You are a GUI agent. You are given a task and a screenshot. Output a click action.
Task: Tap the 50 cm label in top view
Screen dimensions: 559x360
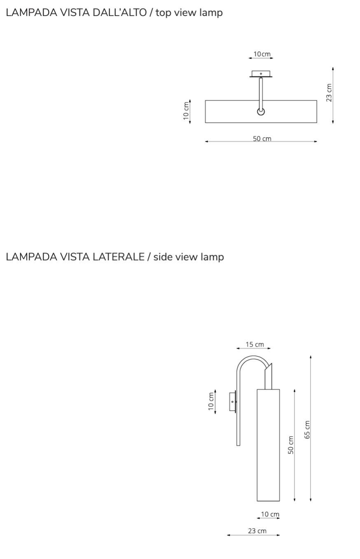point(262,139)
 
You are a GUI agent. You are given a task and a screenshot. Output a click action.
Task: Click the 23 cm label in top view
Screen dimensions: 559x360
point(329,93)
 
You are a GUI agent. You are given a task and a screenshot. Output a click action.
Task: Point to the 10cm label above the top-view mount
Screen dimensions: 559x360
point(262,54)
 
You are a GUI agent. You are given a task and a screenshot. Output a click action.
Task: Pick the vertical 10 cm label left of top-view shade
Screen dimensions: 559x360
point(186,111)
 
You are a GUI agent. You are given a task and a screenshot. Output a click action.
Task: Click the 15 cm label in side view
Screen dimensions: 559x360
point(255,344)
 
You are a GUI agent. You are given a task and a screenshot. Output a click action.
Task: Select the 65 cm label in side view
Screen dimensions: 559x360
point(307,430)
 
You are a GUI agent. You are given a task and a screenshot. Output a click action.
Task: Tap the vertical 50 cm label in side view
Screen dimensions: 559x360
point(291,445)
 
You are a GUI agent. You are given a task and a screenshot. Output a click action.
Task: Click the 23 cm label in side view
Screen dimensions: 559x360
point(257,531)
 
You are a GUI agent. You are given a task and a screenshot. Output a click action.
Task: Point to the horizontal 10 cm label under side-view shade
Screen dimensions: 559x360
point(270,514)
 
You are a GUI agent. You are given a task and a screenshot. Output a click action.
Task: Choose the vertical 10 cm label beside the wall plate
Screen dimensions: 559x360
point(211,401)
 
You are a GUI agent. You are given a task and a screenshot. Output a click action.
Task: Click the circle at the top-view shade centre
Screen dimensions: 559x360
point(261,111)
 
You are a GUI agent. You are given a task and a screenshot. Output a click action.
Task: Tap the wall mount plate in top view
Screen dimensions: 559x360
point(261,74)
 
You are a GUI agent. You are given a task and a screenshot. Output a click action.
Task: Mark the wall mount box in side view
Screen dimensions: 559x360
point(232,401)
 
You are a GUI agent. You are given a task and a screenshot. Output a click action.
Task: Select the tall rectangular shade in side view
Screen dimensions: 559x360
point(268,445)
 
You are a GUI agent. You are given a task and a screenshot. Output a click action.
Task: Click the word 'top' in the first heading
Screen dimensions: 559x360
point(164,12)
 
